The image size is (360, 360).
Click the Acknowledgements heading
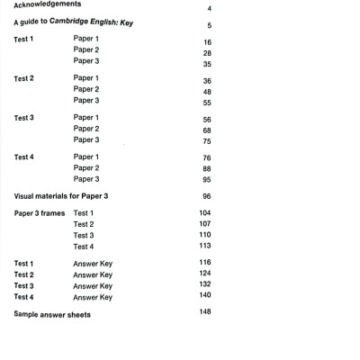(53, 5)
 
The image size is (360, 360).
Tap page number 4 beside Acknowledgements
(209, 8)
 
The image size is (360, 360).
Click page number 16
(207, 42)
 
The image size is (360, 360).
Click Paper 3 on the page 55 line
(86, 102)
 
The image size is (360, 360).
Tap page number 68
(207, 130)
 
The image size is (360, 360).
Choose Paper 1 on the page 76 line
(86, 157)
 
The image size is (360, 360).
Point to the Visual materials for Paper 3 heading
(67, 196)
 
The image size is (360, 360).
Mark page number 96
(207, 196)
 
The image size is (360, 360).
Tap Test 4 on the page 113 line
(84, 247)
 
